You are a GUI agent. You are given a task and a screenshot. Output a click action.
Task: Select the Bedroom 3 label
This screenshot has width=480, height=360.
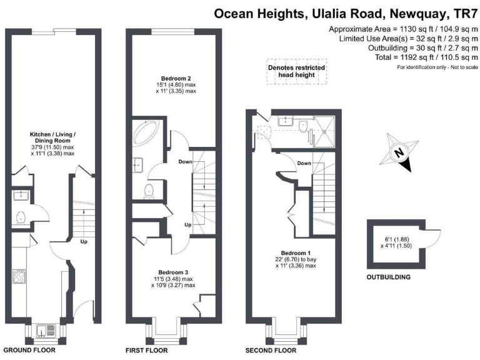(x=167, y=272)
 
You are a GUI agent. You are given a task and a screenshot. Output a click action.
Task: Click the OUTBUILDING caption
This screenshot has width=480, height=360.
(x=389, y=276)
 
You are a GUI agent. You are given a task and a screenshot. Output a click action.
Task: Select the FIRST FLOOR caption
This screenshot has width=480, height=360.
(x=147, y=351)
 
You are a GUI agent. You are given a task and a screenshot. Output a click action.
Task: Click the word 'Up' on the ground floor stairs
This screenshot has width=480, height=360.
(x=82, y=241)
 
